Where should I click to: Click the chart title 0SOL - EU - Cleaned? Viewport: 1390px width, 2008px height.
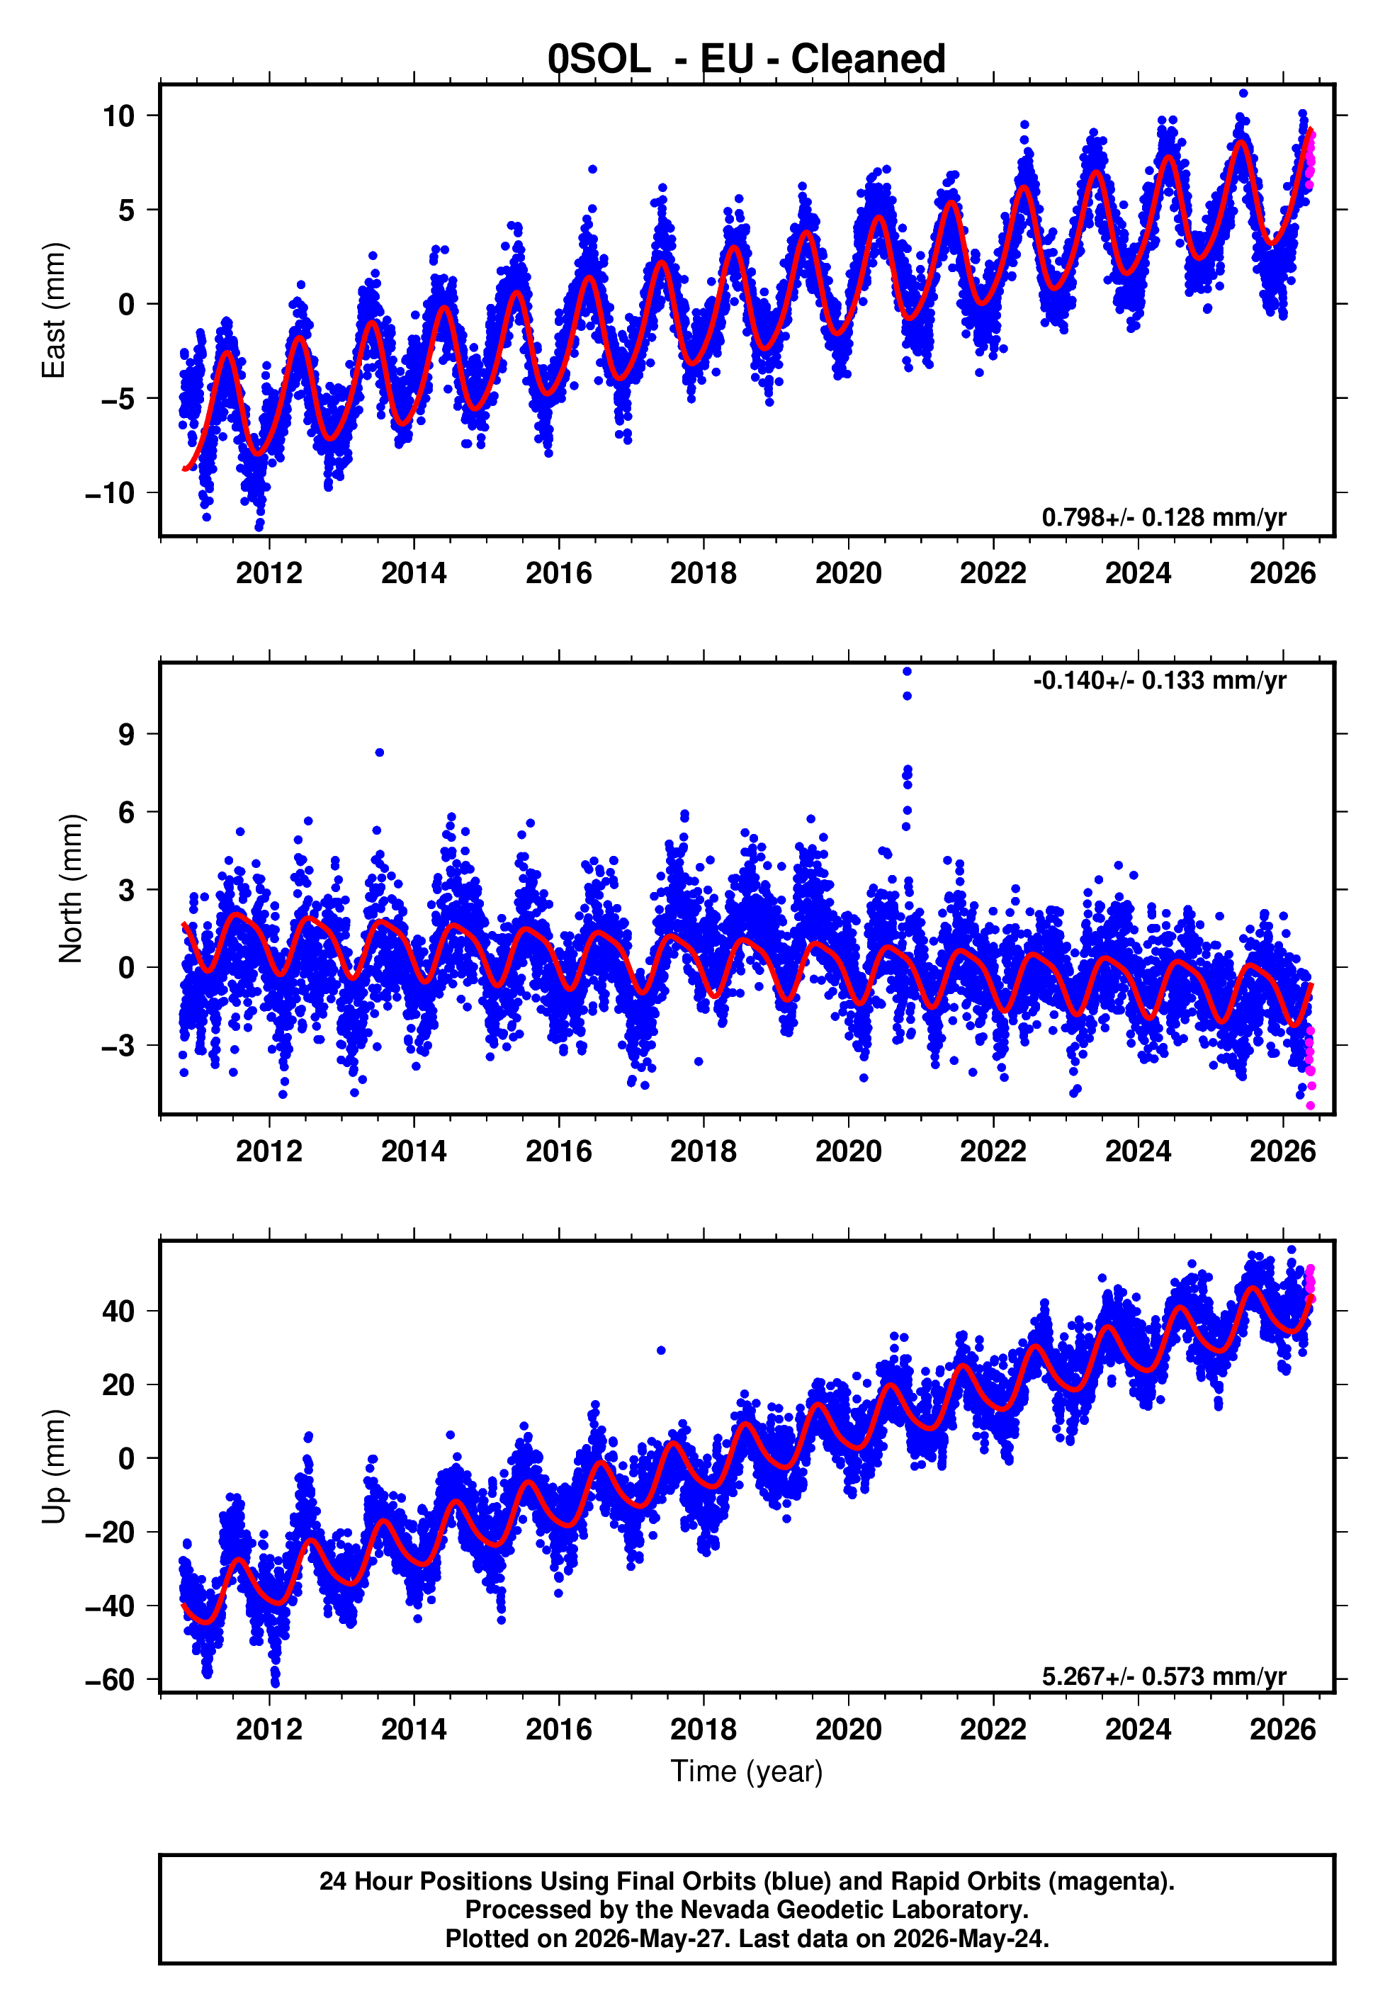(x=747, y=60)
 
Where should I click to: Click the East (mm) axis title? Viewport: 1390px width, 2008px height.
(x=54, y=310)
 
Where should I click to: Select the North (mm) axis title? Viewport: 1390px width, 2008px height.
(x=71, y=889)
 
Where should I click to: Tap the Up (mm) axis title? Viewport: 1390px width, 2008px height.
(x=54, y=1467)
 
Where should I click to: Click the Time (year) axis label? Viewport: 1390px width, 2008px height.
(x=747, y=1772)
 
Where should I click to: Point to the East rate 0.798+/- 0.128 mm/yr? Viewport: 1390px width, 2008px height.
(x=1163, y=517)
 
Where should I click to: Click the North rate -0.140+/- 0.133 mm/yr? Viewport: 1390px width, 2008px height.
(x=1159, y=680)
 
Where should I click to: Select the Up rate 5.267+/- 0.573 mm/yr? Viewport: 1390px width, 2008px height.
(x=1163, y=1676)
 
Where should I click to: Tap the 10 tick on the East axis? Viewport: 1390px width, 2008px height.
(x=118, y=115)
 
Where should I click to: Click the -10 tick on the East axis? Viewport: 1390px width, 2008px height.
(x=110, y=493)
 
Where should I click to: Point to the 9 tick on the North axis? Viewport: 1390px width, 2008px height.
(x=127, y=734)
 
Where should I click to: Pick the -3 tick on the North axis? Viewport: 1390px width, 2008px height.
(x=118, y=1045)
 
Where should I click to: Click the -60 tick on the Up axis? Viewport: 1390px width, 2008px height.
(x=110, y=1679)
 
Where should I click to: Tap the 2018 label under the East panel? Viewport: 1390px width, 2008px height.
(x=703, y=573)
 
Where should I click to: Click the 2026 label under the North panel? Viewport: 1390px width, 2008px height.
(x=1283, y=1151)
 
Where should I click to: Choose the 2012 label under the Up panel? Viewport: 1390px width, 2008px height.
(x=269, y=1730)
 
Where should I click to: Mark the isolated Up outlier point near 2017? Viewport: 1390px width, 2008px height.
(x=661, y=1350)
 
